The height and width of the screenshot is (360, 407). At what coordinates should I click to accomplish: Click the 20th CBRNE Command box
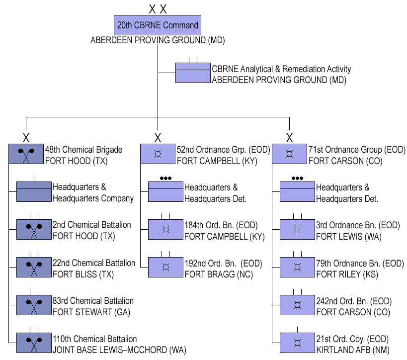pyautogui.click(x=158, y=25)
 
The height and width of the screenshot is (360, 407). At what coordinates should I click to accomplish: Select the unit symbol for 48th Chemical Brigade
pyautogui.click(x=26, y=154)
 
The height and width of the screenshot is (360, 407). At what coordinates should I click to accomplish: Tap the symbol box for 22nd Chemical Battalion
pyautogui.click(x=34, y=267)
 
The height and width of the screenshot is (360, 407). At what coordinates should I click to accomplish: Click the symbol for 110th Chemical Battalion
pyautogui.click(x=34, y=343)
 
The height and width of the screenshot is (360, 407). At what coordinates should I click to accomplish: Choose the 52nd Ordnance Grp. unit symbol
pyautogui.click(x=158, y=154)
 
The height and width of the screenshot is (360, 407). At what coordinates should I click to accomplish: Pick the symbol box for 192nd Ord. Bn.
pyautogui.click(x=165, y=267)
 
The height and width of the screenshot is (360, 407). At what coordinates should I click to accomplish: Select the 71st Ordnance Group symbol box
pyautogui.click(x=289, y=154)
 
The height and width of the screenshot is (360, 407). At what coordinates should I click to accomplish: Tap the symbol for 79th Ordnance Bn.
pyautogui.click(x=297, y=267)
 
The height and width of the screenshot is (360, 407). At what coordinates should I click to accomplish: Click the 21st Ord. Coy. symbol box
pyautogui.click(x=297, y=343)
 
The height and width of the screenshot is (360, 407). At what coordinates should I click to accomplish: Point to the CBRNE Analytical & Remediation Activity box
pyautogui.click(x=193, y=73)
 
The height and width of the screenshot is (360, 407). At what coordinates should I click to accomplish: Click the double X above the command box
pyautogui.click(x=158, y=8)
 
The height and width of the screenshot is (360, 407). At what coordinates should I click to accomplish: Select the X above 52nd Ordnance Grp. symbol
pyautogui.click(x=158, y=137)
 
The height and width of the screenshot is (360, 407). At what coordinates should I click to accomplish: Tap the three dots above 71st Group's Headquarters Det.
pyautogui.click(x=297, y=178)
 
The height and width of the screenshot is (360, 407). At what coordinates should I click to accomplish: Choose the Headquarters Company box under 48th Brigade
pyautogui.click(x=34, y=191)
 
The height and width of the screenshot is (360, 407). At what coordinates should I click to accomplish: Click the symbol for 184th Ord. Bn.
pyautogui.click(x=165, y=229)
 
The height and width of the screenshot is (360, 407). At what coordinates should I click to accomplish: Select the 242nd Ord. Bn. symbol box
pyautogui.click(x=297, y=305)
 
